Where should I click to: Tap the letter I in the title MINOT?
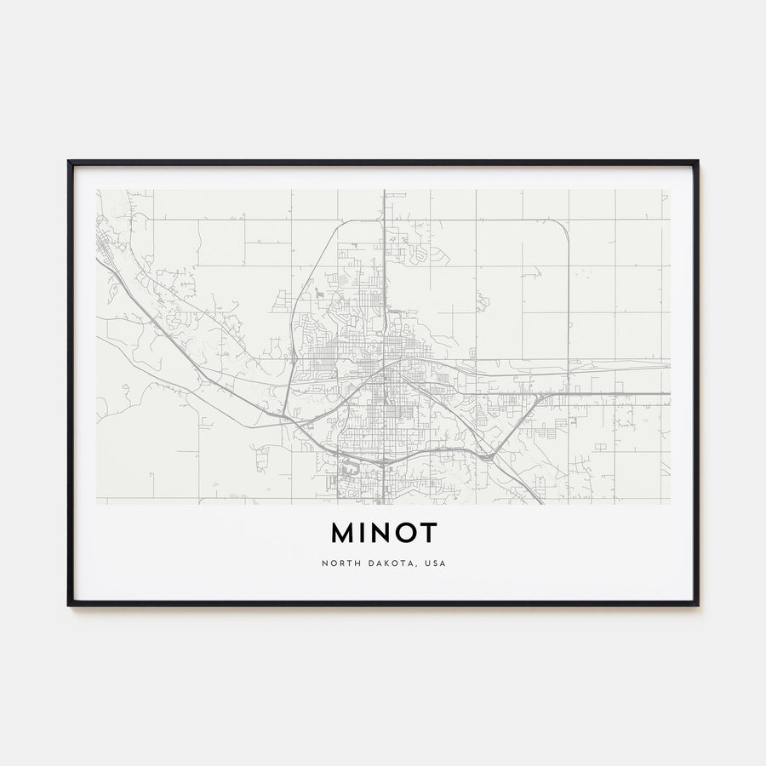[366, 533]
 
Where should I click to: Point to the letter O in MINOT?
[408, 533]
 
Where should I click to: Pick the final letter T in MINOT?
[429, 533]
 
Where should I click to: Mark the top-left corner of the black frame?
[70, 162]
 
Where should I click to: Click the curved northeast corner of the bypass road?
[563, 227]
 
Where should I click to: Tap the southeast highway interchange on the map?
[489, 455]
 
